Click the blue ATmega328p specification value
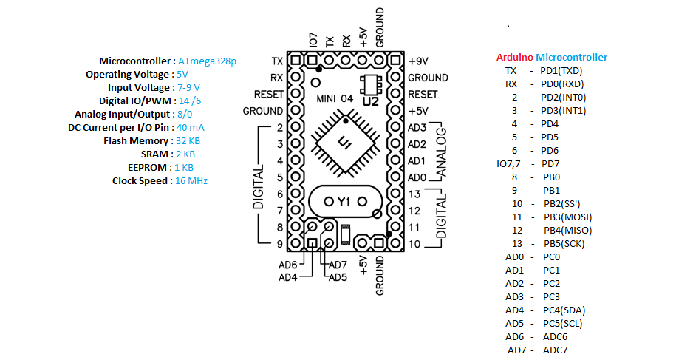point(207,61)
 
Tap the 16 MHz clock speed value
point(191,181)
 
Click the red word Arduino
point(514,57)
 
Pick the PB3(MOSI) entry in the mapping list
point(567,217)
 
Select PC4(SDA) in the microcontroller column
point(564,310)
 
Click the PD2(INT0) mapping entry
point(564,98)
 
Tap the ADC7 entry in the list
point(555,350)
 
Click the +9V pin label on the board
point(418,61)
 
